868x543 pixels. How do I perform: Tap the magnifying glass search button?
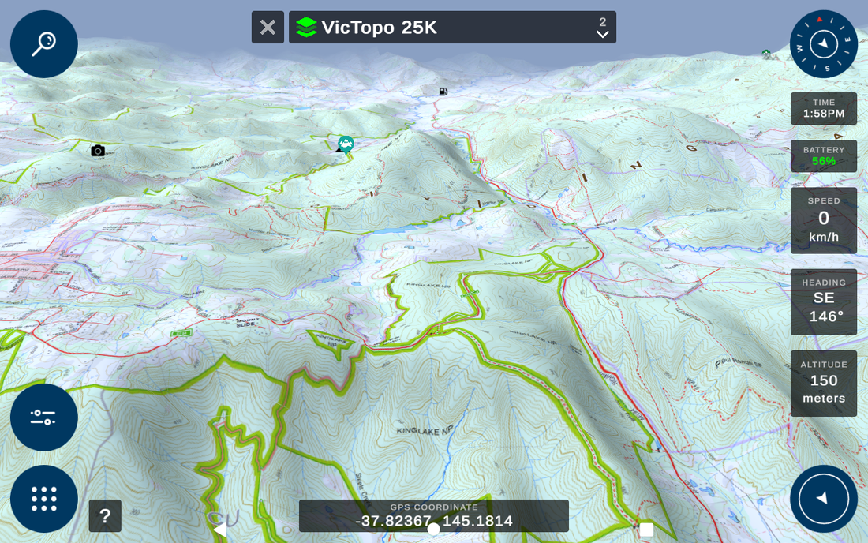pyautogui.click(x=43, y=43)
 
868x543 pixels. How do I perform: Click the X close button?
pyautogui.click(x=268, y=27)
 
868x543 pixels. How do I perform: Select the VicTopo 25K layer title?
pyautogui.click(x=379, y=28)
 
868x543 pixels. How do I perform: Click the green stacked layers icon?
pyautogui.click(x=306, y=28)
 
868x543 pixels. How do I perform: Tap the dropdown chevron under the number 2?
pyautogui.click(x=603, y=34)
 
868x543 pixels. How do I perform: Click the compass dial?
pyautogui.click(x=823, y=43)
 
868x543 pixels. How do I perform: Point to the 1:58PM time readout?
pyautogui.click(x=823, y=114)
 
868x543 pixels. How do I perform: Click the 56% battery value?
pyautogui.click(x=823, y=161)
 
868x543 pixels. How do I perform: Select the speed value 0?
pyautogui.click(x=823, y=219)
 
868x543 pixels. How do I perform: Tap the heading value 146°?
pyautogui.click(x=825, y=316)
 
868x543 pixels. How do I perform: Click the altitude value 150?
pyautogui.click(x=823, y=380)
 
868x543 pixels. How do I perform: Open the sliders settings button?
pyautogui.click(x=43, y=417)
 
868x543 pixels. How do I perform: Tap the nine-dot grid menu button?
pyautogui.click(x=43, y=498)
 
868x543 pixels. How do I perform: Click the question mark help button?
pyautogui.click(x=105, y=516)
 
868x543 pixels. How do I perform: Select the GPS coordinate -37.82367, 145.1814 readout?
pyautogui.click(x=433, y=521)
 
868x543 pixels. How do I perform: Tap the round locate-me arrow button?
pyautogui.click(x=823, y=498)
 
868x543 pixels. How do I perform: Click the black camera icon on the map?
pyautogui.click(x=98, y=151)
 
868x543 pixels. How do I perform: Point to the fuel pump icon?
pyautogui.click(x=443, y=92)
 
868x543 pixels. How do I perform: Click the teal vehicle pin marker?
pyautogui.click(x=345, y=144)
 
